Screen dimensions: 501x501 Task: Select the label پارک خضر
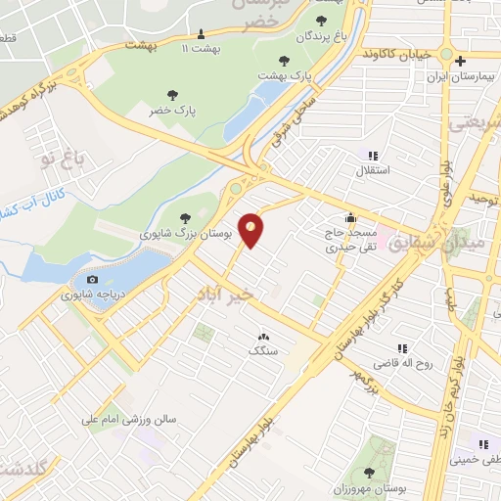pyautogui.click(x=172, y=111)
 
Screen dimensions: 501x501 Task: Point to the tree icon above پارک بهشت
pyautogui.click(x=284, y=60)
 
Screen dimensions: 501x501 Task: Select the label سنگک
pyautogui.click(x=263, y=349)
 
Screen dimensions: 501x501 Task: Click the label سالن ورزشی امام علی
pyautogui.click(x=128, y=418)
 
